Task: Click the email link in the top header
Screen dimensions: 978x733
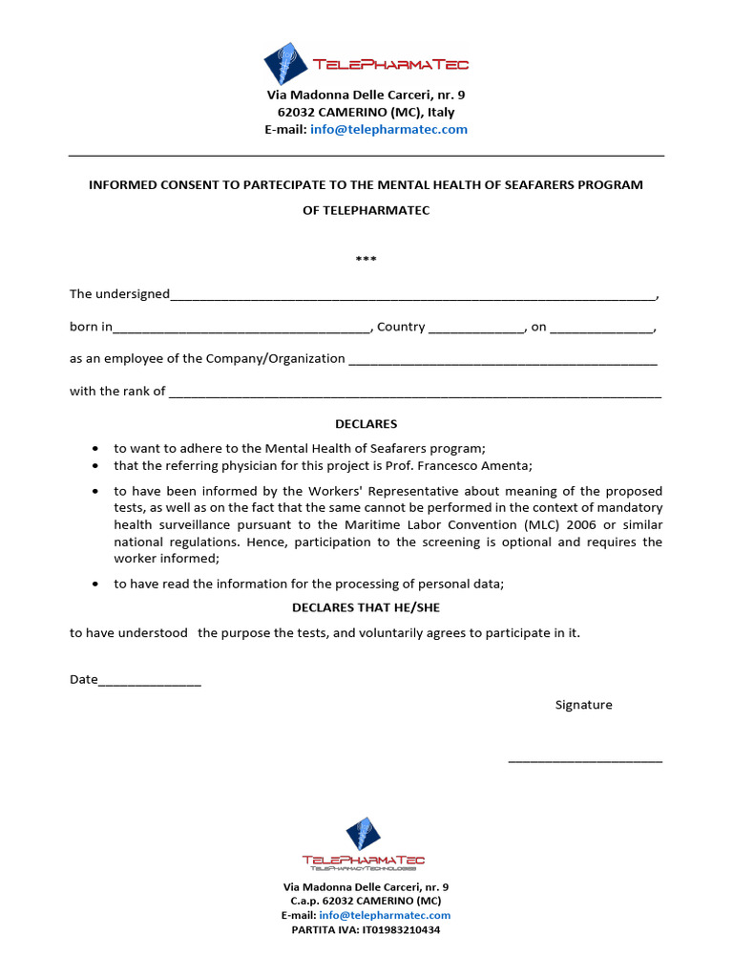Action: pos(388,130)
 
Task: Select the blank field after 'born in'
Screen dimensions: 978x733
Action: pos(241,329)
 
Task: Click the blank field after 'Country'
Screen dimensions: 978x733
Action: pos(476,329)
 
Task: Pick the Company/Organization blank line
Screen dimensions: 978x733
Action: pos(503,360)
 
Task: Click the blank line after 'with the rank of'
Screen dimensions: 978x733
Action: pos(414,393)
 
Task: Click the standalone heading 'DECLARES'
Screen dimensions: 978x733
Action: pos(366,424)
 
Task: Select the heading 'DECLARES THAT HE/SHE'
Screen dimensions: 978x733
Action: pos(366,607)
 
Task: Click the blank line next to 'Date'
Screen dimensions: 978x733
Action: pos(150,682)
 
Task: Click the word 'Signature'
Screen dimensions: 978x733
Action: pos(584,705)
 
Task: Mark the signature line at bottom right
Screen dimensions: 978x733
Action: pos(585,761)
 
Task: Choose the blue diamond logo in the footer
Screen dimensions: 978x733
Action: pos(362,835)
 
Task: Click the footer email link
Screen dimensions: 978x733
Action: pos(385,915)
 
